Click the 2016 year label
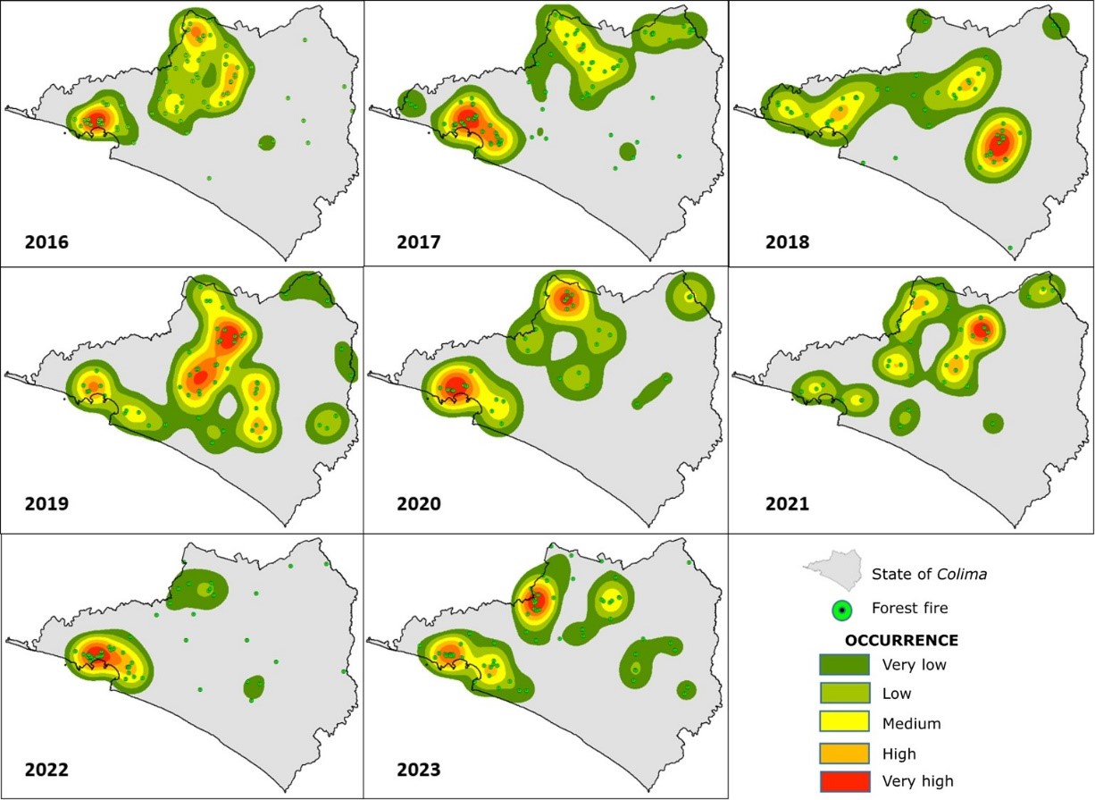click(x=46, y=242)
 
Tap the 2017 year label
click(x=419, y=242)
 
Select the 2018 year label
click(x=787, y=242)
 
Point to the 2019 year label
click(x=46, y=504)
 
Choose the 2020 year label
click(x=419, y=504)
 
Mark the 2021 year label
click(x=787, y=504)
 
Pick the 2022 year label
click(x=46, y=770)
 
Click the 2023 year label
click(x=419, y=770)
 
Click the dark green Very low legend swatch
click(x=844, y=664)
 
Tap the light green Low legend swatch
click(x=844, y=693)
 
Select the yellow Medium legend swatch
click(x=844, y=722)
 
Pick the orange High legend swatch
click(x=844, y=753)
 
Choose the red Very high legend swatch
click(x=844, y=781)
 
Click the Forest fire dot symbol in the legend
click(x=840, y=611)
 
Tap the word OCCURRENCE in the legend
click(x=901, y=641)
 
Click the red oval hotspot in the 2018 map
click(x=999, y=143)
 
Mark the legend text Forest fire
click(x=909, y=609)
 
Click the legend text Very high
click(x=917, y=781)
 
